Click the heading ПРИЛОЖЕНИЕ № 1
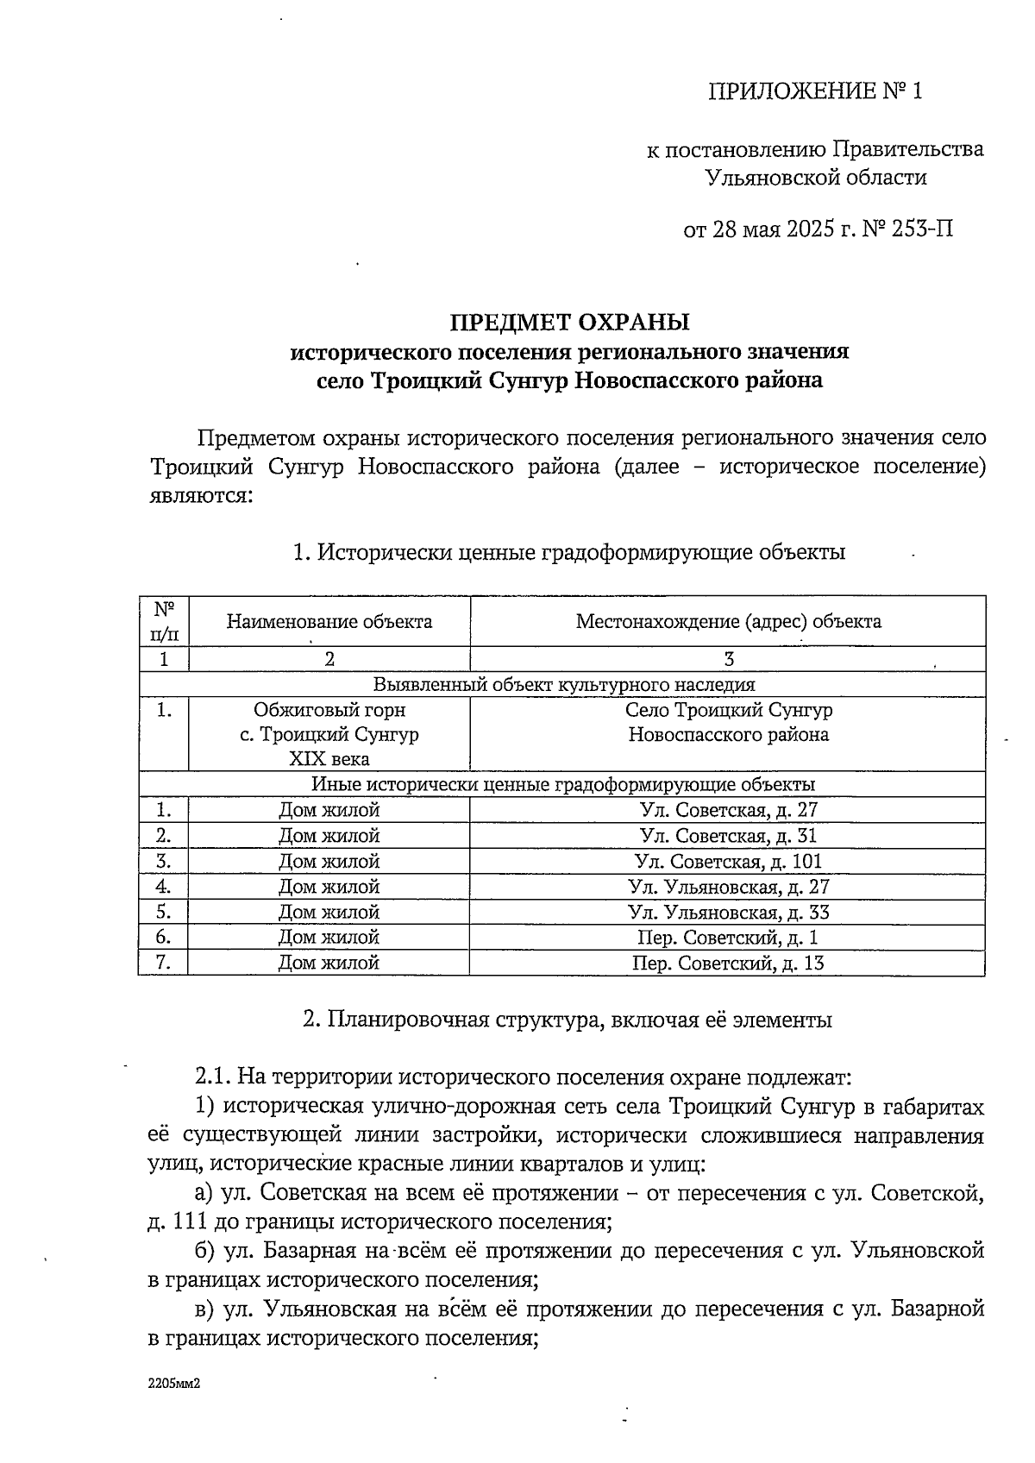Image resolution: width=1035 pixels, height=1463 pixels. (815, 91)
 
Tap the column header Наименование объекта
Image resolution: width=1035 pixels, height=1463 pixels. (329, 621)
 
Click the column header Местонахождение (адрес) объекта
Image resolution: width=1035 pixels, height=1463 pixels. (728, 621)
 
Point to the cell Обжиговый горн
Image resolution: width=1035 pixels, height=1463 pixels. (329, 710)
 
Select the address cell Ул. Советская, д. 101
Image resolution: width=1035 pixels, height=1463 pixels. (728, 861)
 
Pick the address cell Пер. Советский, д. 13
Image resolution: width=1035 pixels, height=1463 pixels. (728, 963)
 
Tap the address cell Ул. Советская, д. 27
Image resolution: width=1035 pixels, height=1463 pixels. (728, 810)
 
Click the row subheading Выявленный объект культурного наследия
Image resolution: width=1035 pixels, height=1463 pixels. (563, 685)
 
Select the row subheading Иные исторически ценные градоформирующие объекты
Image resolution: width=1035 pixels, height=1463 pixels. (563, 785)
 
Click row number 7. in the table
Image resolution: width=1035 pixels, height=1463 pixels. (163, 963)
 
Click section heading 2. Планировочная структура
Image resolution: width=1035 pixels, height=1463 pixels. (567, 1020)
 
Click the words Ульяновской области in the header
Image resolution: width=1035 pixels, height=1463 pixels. (816, 179)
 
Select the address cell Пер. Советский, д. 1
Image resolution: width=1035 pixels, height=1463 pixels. (728, 938)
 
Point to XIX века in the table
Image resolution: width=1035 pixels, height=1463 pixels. (329, 759)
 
